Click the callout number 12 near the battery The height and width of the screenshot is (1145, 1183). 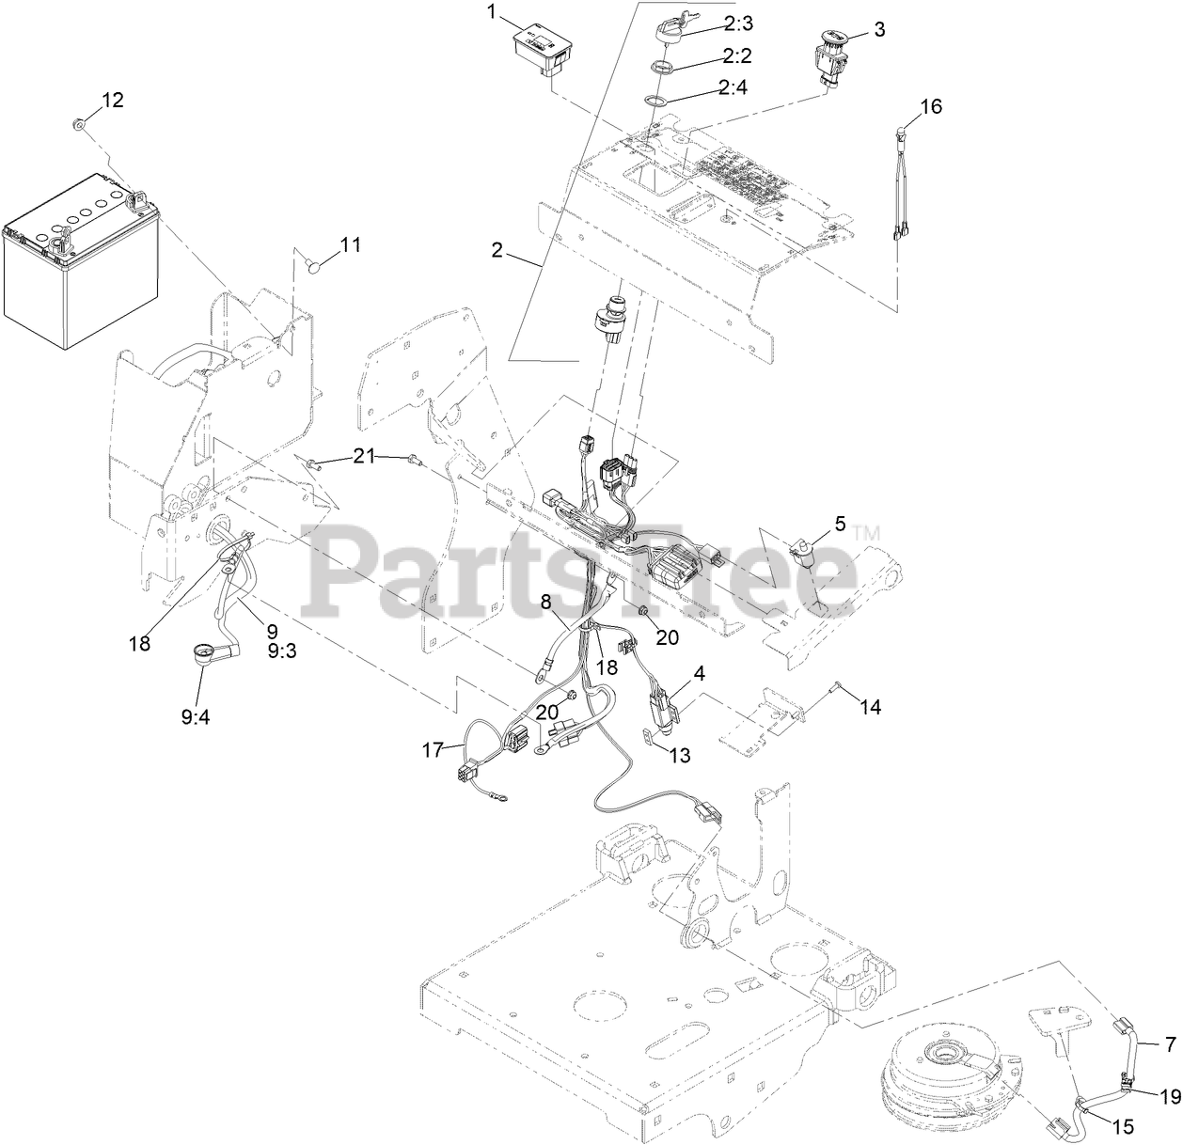point(112,101)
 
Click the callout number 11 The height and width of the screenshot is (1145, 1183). point(350,245)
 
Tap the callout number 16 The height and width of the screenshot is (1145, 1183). point(930,106)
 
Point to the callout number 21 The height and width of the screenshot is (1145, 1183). point(363,456)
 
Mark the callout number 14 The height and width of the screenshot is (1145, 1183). point(871,706)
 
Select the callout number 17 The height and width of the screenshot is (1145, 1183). point(433,749)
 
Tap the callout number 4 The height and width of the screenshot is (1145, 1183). point(699,673)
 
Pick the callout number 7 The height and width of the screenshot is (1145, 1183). point(1169,1044)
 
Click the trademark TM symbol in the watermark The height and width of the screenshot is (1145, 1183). point(868,534)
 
